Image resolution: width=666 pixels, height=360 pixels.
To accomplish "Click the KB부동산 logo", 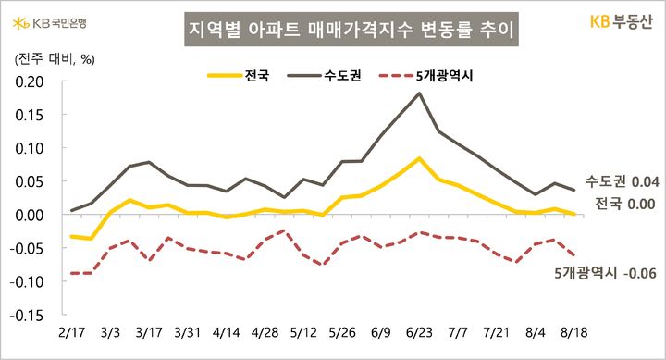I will (623, 20).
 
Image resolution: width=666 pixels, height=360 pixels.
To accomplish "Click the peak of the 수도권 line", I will (420, 93).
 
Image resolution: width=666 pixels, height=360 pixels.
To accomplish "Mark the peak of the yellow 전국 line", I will (420, 158).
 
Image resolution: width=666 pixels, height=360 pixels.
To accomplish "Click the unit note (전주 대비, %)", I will (51, 59).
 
